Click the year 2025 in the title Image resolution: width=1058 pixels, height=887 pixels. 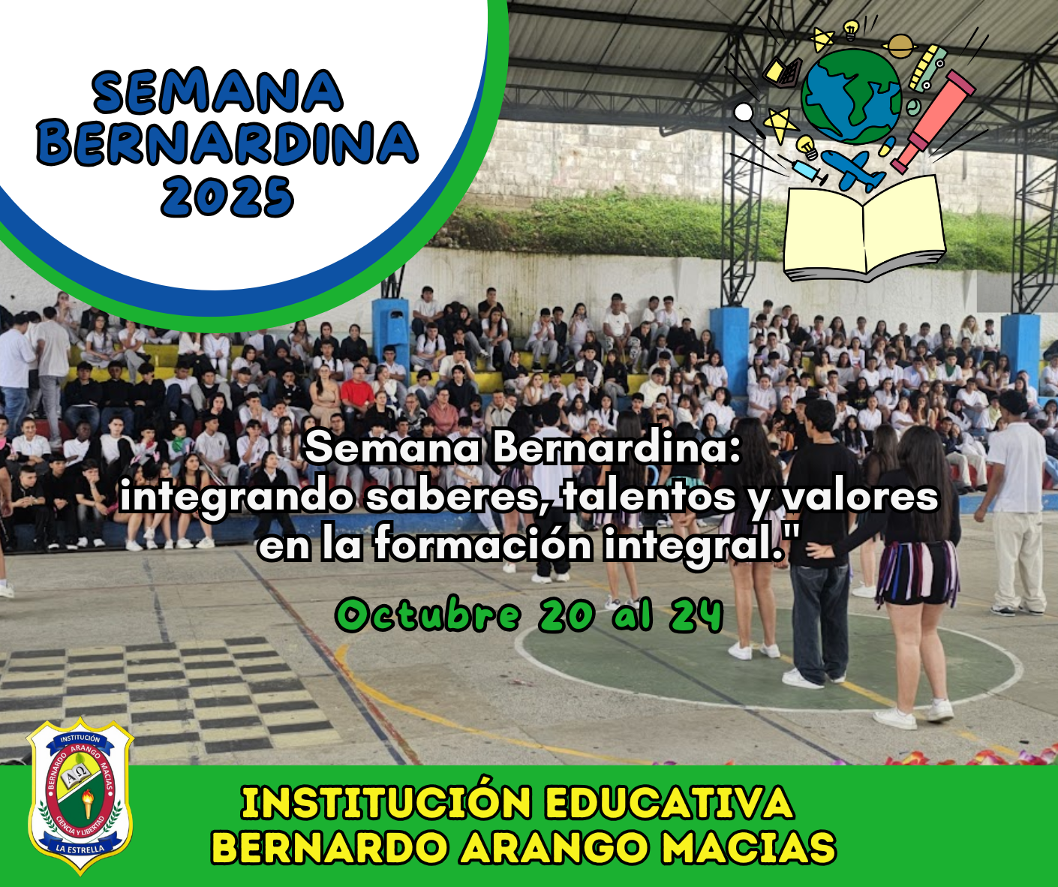(227, 197)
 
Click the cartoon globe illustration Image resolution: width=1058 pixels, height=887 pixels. (851, 96)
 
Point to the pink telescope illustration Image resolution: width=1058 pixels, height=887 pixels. (933, 122)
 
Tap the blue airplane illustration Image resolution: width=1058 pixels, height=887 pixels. (853, 170)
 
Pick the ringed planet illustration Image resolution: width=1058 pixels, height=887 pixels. (900, 46)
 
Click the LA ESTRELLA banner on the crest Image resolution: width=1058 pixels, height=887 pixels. (80, 846)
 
